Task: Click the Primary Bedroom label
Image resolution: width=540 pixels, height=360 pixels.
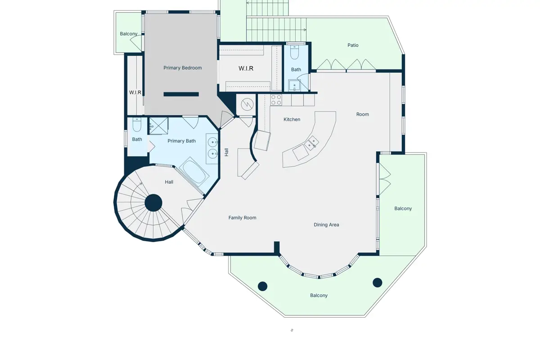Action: click(x=183, y=68)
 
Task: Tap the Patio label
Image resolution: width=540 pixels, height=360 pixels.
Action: click(x=353, y=45)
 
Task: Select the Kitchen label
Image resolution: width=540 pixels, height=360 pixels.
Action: click(x=292, y=119)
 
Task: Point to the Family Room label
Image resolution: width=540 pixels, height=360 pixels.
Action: click(x=242, y=218)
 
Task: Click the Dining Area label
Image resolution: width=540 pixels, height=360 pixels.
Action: click(x=326, y=225)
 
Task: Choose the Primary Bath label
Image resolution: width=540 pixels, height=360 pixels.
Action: click(x=181, y=141)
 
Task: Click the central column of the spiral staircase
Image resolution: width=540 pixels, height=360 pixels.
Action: click(x=153, y=203)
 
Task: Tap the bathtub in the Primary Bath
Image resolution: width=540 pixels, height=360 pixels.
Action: click(x=194, y=172)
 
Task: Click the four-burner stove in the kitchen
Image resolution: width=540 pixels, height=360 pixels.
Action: click(x=276, y=100)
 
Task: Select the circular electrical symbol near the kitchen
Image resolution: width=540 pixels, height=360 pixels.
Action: click(x=247, y=104)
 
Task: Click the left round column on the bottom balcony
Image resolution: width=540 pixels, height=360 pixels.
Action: click(x=262, y=286)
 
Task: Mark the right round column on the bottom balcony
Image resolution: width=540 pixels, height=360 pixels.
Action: click(x=377, y=283)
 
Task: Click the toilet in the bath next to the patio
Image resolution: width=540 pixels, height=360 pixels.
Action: click(x=294, y=52)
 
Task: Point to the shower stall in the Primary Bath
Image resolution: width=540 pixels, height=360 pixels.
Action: click(x=158, y=126)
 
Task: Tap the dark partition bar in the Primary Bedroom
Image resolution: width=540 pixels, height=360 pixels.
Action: click(x=181, y=94)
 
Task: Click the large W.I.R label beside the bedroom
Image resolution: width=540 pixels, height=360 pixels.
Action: click(x=246, y=68)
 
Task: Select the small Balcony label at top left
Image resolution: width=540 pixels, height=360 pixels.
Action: click(x=129, y=34)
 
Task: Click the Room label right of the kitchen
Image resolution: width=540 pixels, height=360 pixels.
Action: click(x=362, y=114)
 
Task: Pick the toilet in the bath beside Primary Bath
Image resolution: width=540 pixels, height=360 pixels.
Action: click(x=137, y=125)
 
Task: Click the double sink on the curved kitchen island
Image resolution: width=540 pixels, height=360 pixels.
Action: click(x=311, y=143)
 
